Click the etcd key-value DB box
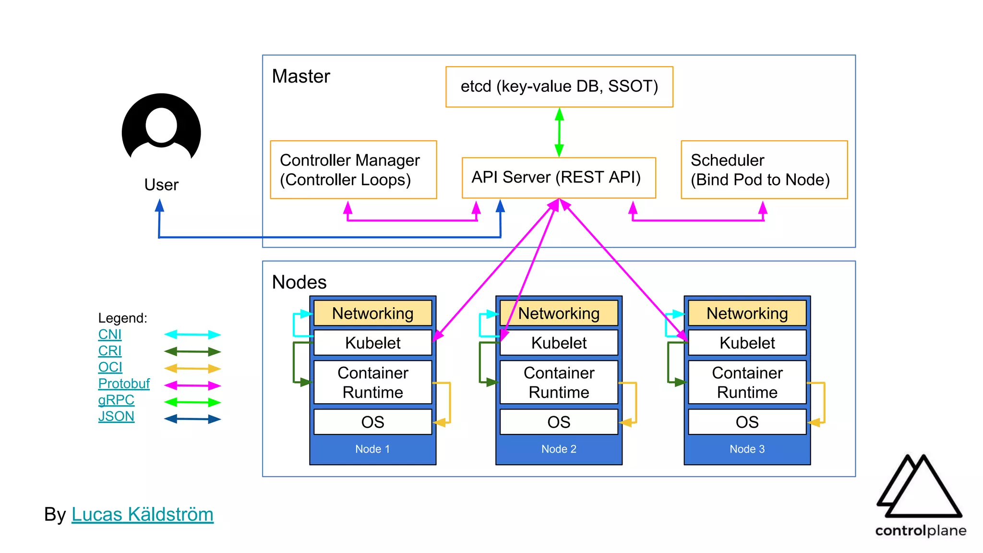(x=559, y=87)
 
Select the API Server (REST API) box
(x=558, y=178)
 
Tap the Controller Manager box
(x=353, y=170)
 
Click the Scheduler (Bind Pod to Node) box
(x=764, y=170)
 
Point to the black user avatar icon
(x=161, y=128)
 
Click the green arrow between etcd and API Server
(x=559, y=132)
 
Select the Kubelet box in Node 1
(x=372, y=343)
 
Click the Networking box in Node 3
(x=747, y=313)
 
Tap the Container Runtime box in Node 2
(x=559, y=383)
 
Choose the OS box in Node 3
(x=747, y=422)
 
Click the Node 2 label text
(x=559, y=449)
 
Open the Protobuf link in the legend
(x=124, y=384)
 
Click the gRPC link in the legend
(x=116, y=400)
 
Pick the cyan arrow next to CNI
(x=192, y=335)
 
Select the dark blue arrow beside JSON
(x=192, y=419)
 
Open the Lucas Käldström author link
(x=142, y=515)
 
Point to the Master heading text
(x=301, y=76)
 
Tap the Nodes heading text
(x=299, y=282)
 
